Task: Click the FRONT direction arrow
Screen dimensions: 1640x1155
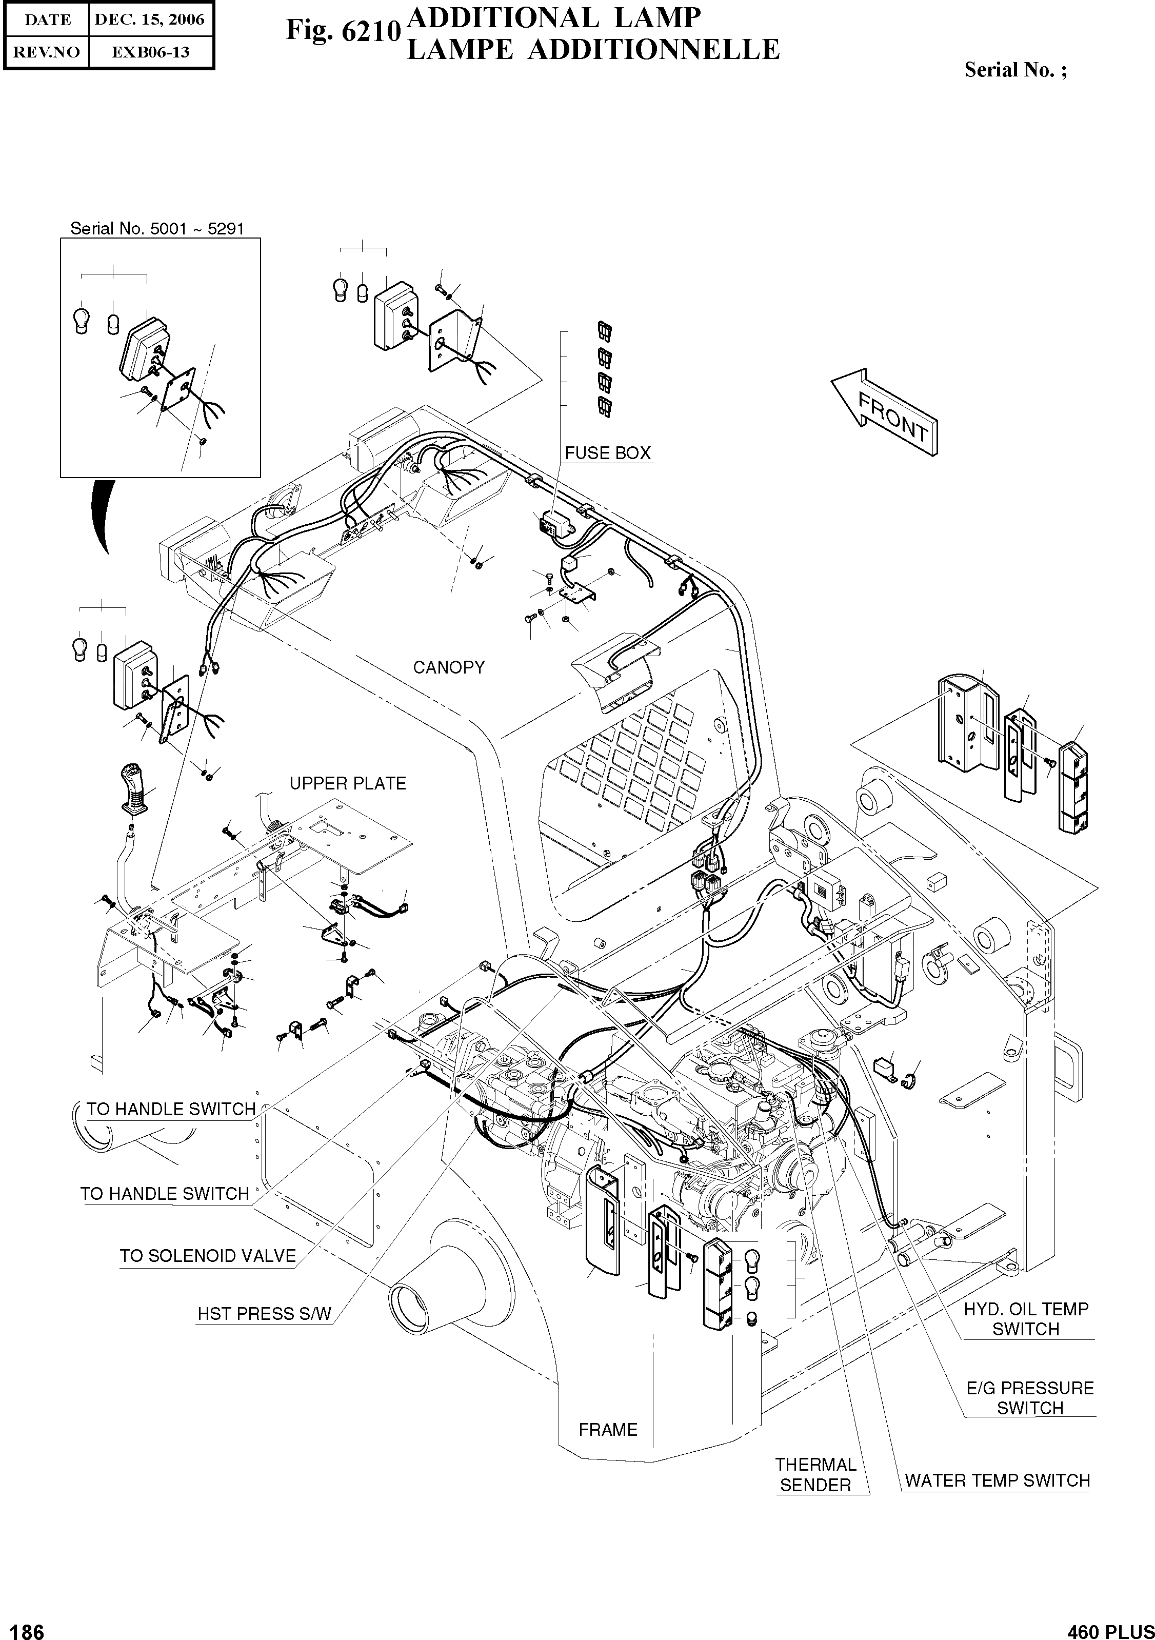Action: click(886, 414)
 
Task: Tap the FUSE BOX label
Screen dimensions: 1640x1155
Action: click(607, 453)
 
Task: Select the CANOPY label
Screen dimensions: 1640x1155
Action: click(449, 667)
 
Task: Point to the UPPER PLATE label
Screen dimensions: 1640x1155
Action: click(347, 783)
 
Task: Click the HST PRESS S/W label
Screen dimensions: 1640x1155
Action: click(264, 1314)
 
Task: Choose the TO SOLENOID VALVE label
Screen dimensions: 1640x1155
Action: click(207, 1256)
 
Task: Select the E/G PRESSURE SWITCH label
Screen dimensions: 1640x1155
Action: click(1029, 1398)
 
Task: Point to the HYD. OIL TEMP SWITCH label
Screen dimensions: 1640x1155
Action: click(1026, 1318)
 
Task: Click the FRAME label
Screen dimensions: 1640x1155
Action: click(608, 1429)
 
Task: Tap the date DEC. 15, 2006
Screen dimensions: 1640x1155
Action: click(150, 20)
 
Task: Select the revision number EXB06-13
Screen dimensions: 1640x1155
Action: click(150, 52)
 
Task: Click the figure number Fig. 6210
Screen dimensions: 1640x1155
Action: click(342, 31)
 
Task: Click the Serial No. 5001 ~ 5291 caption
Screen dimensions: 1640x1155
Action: click(157, 229)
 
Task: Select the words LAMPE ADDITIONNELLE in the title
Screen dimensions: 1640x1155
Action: click(593, 50)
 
